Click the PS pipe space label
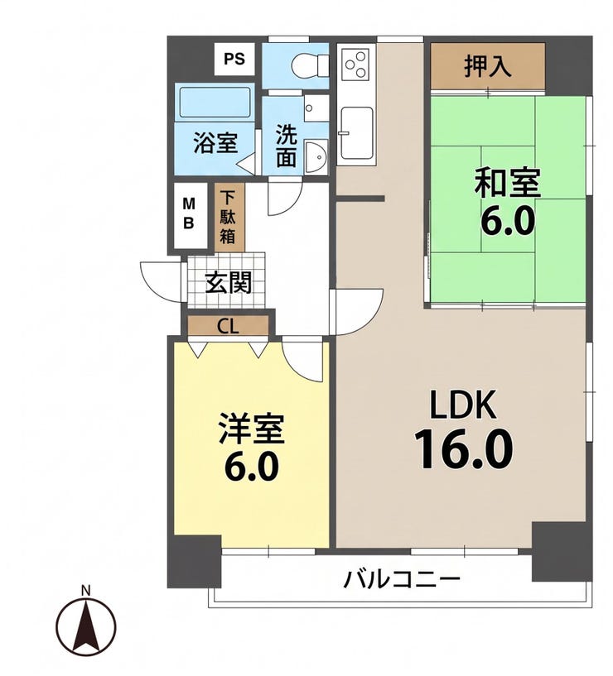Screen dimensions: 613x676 point(234,59)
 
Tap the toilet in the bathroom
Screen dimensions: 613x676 point(310,66)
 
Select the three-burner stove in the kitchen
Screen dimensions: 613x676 point(355,64)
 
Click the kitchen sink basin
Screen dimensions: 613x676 point(356,133)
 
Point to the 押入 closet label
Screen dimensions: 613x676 point(488,66)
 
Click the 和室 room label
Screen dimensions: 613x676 point(508,183)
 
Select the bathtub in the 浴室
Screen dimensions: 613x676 point(215,103)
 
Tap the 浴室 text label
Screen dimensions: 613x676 point(215,142)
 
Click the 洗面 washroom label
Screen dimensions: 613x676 point(287,146)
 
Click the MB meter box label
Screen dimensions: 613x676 point(189,213)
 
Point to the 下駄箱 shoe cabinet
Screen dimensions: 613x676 point(229,218)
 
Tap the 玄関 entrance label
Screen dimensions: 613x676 point(228,283)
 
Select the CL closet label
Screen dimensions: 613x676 point(228,326)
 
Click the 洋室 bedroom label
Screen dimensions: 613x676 point(252,428)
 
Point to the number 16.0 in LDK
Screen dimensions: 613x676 point(463,449)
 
